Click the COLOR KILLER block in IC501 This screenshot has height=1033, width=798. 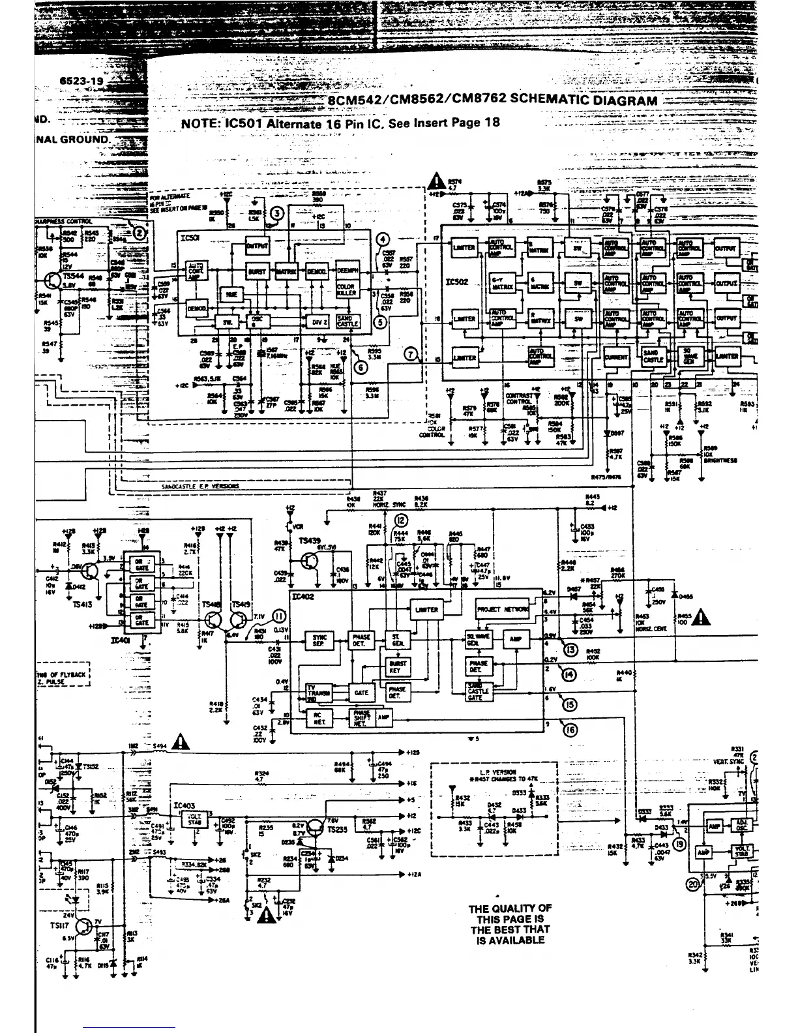coord(346,291)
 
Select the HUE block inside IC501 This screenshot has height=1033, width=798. coord(230,295)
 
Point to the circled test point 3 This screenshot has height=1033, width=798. coord(277,213)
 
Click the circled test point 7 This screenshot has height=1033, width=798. coord(411,354)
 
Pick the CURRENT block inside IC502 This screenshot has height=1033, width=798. coord(616,357)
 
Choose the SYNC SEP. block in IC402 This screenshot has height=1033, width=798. coord(319,640)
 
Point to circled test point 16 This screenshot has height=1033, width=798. coord(570,730)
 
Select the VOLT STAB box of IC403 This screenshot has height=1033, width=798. coord(195,818)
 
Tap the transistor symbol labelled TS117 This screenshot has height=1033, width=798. coord(84,927)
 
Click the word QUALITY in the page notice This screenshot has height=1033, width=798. coord(520,908)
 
